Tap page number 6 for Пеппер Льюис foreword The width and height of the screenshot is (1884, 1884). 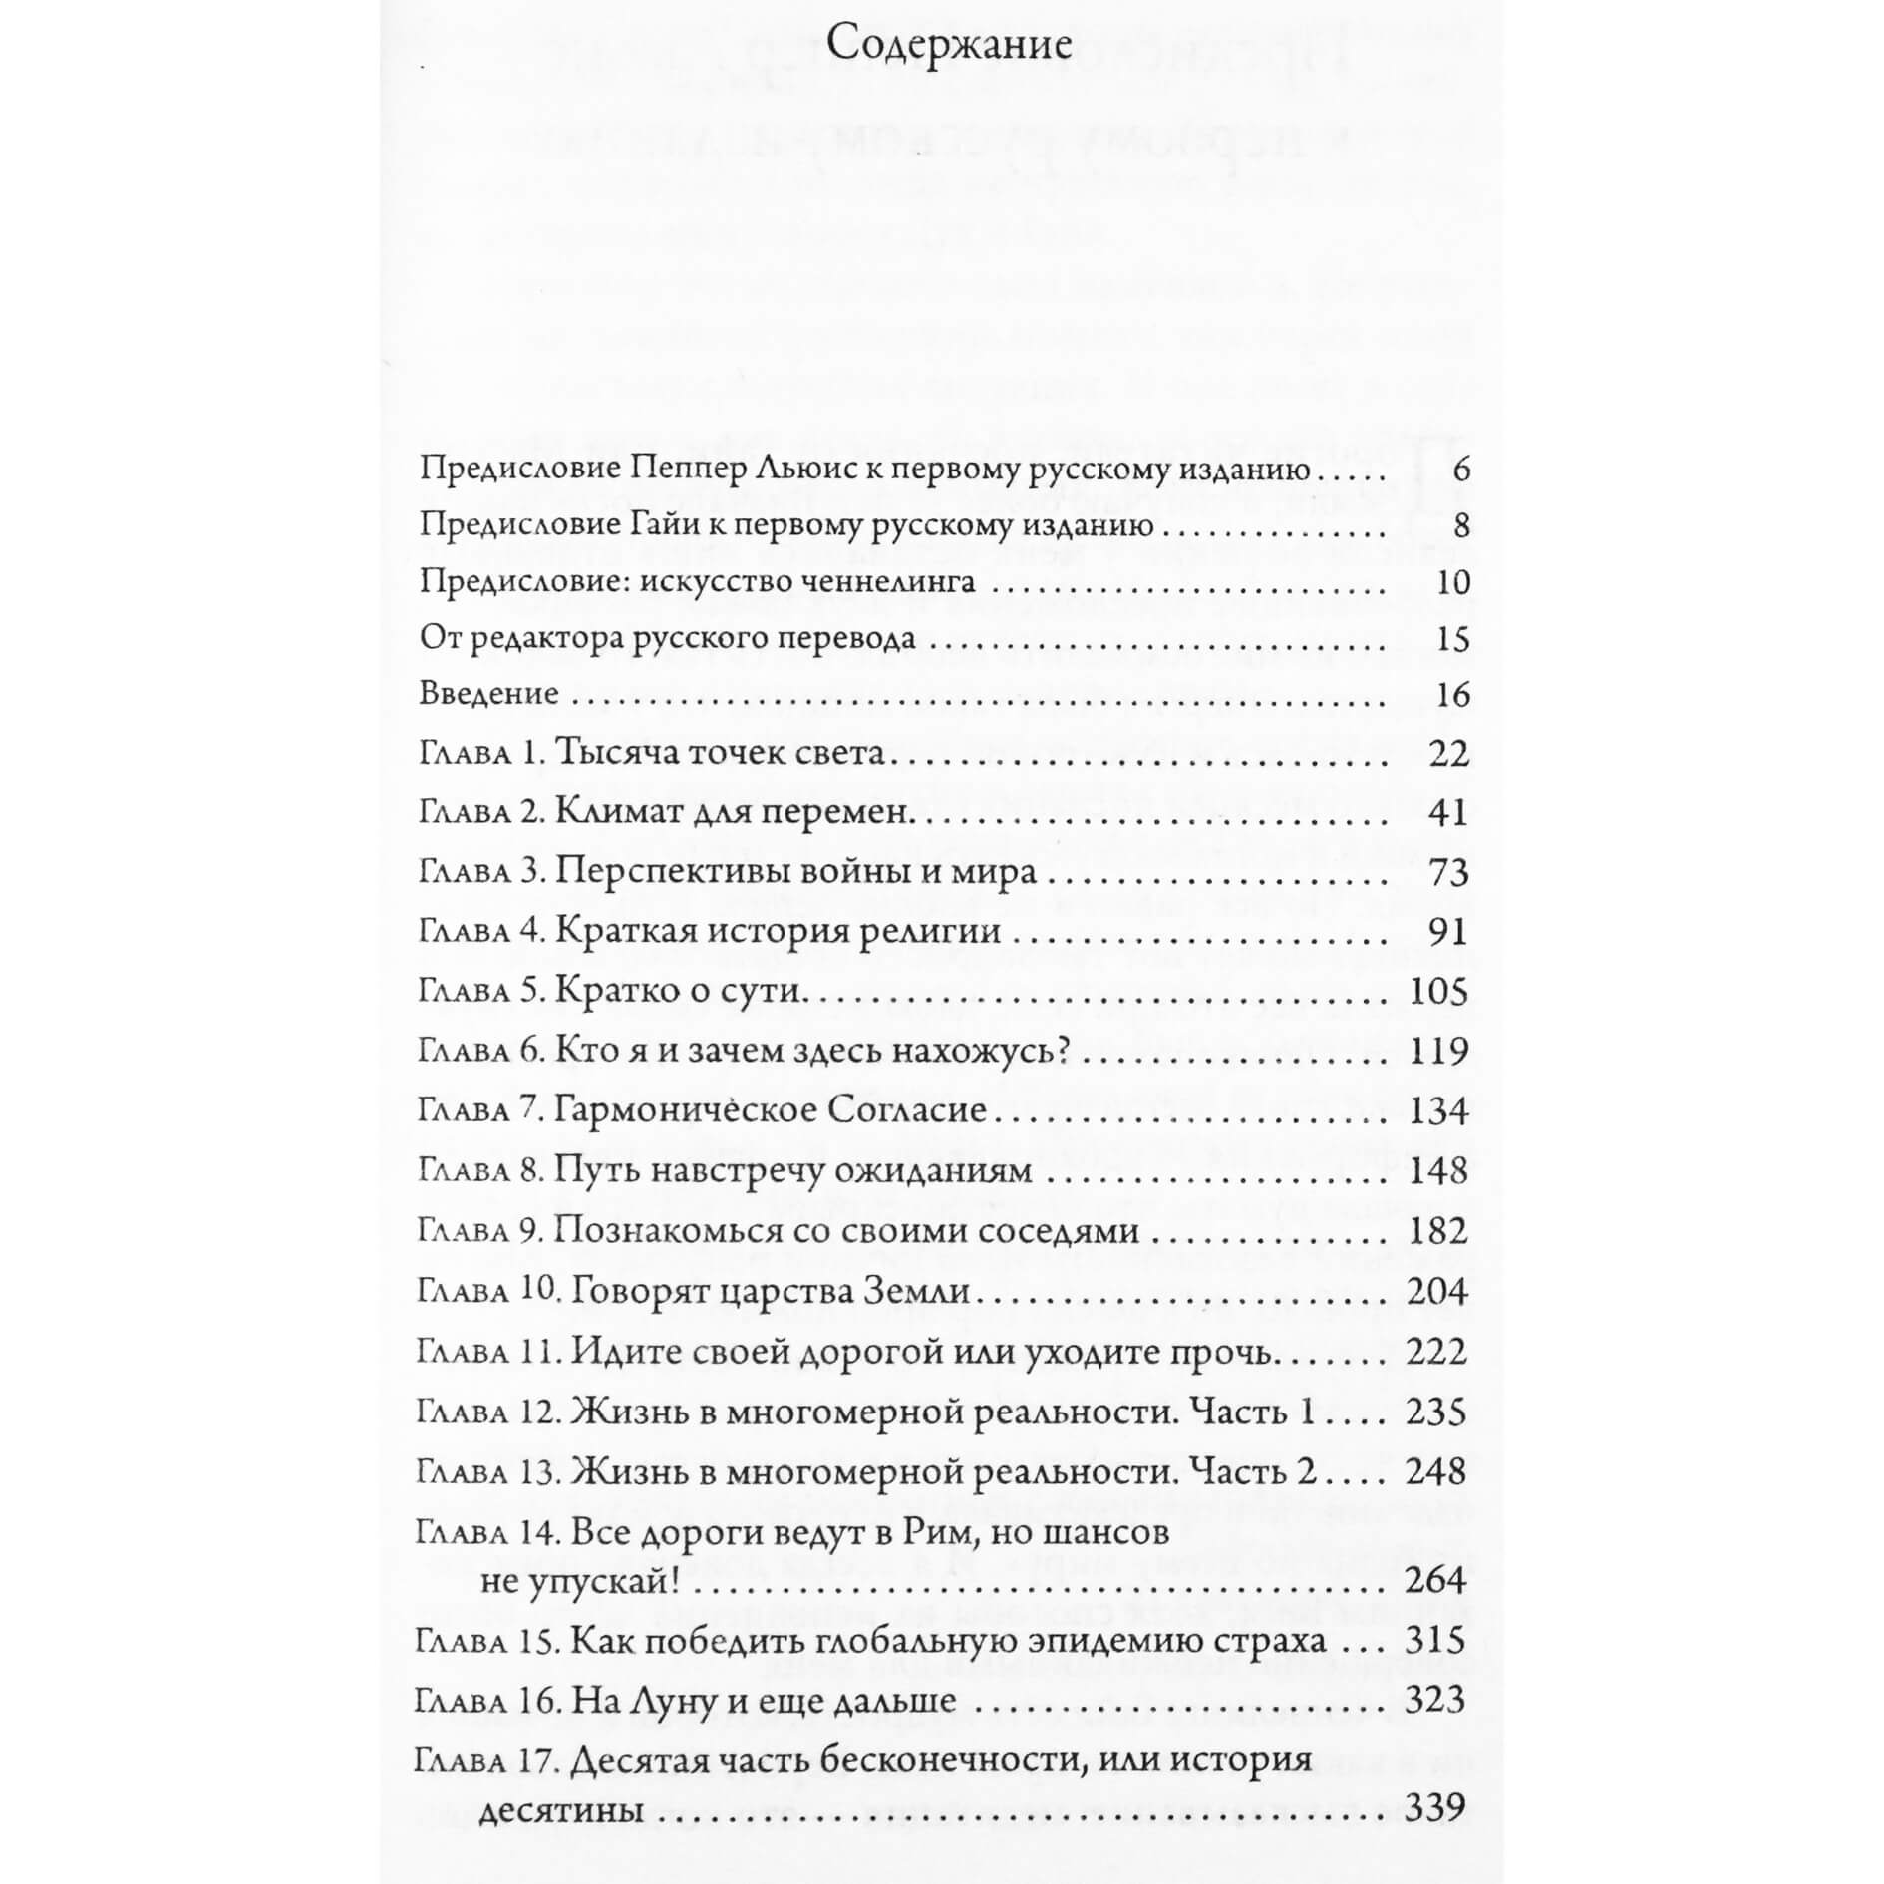tap(1461, 469)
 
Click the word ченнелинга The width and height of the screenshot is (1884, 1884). tap(878, 581)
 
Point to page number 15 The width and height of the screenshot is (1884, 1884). tap(1453, 638)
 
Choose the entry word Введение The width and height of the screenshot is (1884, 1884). tap(488, 693)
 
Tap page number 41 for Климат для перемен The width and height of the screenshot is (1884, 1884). tap(1447, 812)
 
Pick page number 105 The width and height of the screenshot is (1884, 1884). tap(1439, 992)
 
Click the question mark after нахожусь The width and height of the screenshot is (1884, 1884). tap(1060, 1051)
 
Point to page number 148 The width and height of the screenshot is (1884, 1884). tap(1439, 1170)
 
